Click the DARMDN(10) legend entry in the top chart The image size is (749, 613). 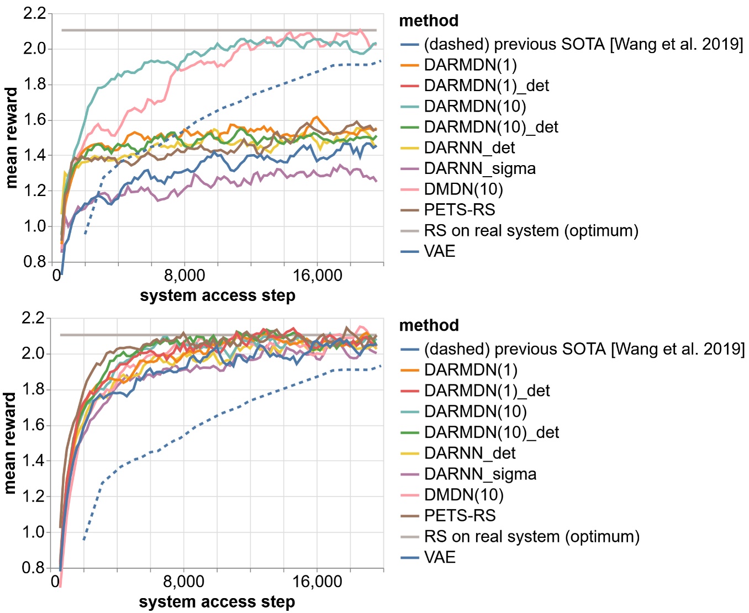tap(474, 106)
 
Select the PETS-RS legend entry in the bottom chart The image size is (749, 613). tap(460, 515)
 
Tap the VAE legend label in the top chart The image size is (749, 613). tap(440, 251)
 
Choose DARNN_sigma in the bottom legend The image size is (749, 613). tap(480, 474)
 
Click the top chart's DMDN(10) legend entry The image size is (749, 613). tap(463, 189)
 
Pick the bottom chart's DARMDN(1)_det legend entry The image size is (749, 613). tap(487, 390)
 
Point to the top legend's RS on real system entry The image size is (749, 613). tap(531, 230)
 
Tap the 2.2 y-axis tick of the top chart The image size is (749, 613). tap(34, 13)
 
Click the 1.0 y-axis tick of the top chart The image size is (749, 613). tap(34, 226)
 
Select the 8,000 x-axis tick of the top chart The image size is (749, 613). tap(184, 276)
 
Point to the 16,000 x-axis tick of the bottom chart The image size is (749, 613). tap(317, 582)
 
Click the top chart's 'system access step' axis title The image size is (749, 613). tap(217, 295)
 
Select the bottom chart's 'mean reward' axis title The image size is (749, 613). tap(10, 443)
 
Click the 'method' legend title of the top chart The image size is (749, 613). tap(429, 20)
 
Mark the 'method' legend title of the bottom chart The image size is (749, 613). tap(429, 325)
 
